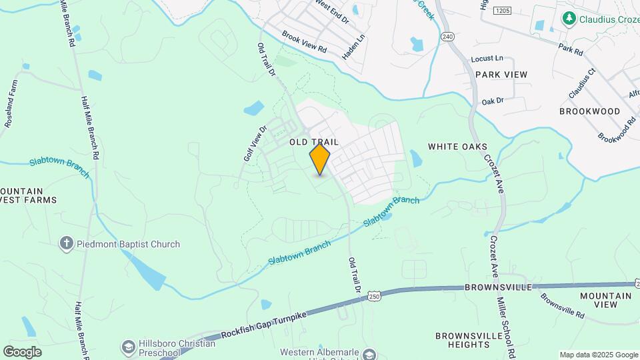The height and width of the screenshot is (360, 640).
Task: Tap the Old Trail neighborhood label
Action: [314, 142]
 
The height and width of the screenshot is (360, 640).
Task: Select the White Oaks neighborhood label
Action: [457, 147]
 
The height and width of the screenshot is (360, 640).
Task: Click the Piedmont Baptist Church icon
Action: [66, 243]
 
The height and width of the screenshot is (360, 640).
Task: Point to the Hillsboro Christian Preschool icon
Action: [128, 347]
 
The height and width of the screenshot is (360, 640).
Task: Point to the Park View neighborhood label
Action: [501, 75]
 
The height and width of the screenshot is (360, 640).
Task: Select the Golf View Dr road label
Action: [255, 143]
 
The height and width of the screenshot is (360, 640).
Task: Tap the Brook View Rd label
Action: [303, 41]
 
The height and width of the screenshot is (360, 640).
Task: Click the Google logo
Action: [22, 351]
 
